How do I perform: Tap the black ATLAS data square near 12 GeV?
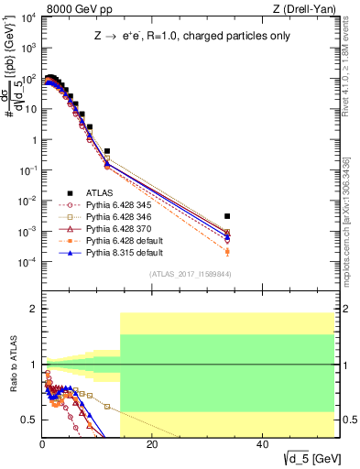107,151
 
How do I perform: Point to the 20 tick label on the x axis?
152,444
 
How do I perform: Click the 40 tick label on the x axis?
262,444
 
